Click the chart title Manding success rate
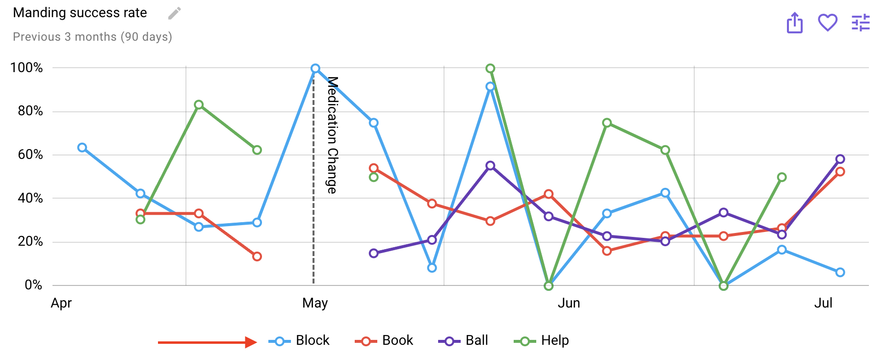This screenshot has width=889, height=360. (80, 13)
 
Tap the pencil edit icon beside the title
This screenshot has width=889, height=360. (174, 13)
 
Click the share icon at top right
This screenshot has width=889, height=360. (794, 23)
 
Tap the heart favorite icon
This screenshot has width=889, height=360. (827, 23)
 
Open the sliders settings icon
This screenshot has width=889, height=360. (861, 23)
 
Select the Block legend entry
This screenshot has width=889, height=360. (299, 340)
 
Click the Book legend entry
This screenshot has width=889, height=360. (385, 340)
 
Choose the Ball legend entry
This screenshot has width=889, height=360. (464, 340)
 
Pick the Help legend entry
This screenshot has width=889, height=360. (542, 340)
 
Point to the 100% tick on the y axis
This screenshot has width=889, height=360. (26, 68)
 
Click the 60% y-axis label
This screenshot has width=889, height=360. (30, 154)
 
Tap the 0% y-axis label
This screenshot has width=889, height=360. (33, 285)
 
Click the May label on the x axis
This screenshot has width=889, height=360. (315, 303)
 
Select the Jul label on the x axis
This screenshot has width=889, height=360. (823, 303)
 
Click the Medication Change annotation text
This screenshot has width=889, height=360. (332, 135)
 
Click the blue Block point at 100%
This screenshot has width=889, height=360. (315, 69)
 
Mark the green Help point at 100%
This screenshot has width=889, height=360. (490, 69)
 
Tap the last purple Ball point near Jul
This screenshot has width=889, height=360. (840, 159)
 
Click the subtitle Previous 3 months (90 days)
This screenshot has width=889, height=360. (92, 37)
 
